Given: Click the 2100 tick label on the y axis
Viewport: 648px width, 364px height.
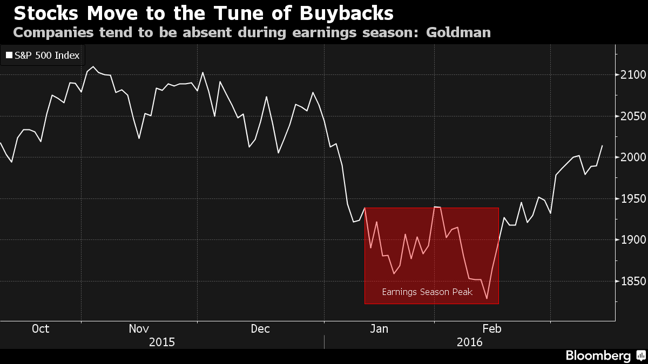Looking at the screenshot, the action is [633, 75].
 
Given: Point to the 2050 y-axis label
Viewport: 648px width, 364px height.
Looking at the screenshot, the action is [633, 116].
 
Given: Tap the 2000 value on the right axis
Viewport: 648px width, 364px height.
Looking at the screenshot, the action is [633, 157].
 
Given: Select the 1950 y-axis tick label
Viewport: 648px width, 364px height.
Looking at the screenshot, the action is [633, 198].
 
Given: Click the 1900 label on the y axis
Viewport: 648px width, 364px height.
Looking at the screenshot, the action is [633, 239].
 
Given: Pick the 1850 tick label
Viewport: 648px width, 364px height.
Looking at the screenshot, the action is [633, 281].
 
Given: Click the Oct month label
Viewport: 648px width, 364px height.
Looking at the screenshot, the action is [40, 328].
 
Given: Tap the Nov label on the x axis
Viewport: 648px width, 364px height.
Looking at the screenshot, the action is [139, 328].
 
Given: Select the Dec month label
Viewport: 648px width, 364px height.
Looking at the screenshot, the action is [260, 328].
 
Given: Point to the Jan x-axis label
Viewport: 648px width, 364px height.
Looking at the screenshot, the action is [379, 328].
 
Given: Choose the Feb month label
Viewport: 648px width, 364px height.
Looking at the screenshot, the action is [492, 328].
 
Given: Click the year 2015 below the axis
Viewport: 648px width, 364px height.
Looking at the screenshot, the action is [161, 342].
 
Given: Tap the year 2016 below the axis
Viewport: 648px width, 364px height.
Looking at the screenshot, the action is [469, 342].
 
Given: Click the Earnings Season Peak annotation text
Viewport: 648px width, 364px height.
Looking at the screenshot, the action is [427, 292].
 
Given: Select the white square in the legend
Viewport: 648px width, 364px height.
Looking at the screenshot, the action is [9, 55].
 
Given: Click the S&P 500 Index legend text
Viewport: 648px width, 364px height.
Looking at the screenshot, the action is [47, 55].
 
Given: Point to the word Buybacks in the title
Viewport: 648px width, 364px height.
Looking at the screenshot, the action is [347, 13].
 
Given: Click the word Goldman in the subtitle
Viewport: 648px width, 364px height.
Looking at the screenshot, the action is [458, 32].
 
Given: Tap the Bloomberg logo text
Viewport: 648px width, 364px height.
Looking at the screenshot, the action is [598, 355].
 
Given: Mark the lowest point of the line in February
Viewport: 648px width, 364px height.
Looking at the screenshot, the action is [487, 298].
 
